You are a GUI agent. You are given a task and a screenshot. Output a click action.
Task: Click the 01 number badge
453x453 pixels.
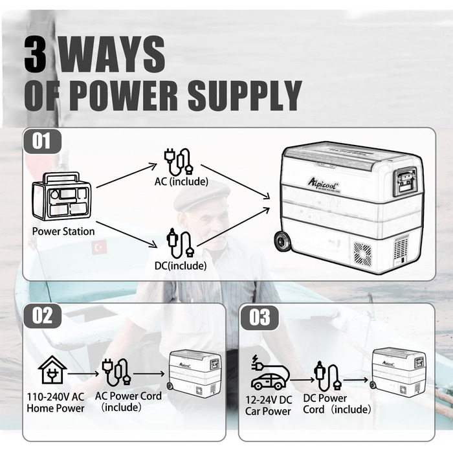(42, 141)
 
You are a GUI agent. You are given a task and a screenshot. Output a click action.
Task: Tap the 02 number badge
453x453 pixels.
(42, 316)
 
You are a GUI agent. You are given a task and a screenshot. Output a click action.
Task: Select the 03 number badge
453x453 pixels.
(260, 318)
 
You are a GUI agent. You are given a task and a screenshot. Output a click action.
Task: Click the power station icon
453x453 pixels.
(61, 196)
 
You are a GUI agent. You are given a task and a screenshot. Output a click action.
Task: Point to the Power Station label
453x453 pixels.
(63, 232)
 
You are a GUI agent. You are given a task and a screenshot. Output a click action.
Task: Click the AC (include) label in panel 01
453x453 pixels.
(181, 181)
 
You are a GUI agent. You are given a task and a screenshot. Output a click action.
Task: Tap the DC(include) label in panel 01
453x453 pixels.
(181, 265)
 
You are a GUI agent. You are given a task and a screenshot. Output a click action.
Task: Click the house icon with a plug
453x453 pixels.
(52, 370)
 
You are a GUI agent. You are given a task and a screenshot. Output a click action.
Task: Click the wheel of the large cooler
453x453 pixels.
(283, 241)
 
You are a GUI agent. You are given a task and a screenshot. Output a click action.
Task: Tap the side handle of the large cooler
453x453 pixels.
(406, 181)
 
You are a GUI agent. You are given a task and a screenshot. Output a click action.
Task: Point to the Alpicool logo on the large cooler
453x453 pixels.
(324, 183)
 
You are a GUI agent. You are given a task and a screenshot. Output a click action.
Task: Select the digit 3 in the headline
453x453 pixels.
(35, 54)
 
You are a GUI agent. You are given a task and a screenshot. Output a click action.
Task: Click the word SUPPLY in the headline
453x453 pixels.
(245, 95)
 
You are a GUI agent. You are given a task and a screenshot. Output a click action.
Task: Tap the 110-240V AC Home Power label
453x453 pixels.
(56, 403)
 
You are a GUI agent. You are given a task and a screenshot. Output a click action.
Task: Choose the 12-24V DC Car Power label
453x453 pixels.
(268, 406)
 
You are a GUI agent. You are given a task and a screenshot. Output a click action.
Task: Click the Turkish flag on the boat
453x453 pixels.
(99, 248)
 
